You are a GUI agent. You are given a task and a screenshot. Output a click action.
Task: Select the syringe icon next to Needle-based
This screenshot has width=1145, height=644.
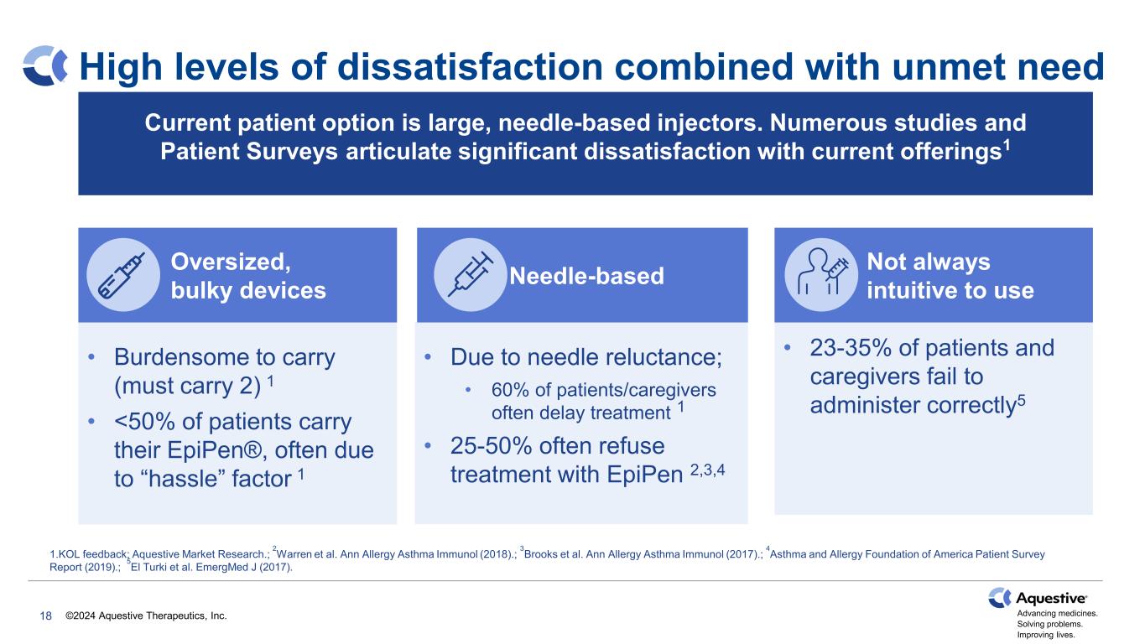[x=470, y=274]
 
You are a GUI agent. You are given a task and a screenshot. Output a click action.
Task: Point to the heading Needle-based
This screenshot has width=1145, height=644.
[x=587, y=276]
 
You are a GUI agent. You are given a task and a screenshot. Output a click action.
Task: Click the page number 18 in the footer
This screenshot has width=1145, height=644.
[x=46, y=616]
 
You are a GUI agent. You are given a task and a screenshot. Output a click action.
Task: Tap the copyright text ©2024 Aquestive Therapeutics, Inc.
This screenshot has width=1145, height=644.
[x=146, y=616]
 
